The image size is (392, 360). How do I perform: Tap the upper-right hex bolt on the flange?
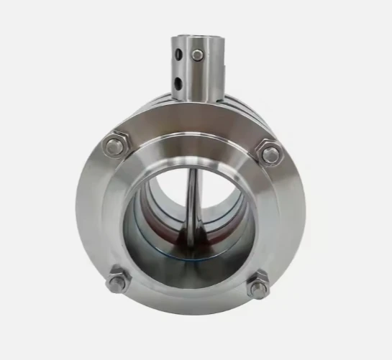coord(270,153)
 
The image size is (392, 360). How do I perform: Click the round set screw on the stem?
coord(197,55)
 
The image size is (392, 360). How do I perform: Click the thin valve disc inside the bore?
coord(191,208)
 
